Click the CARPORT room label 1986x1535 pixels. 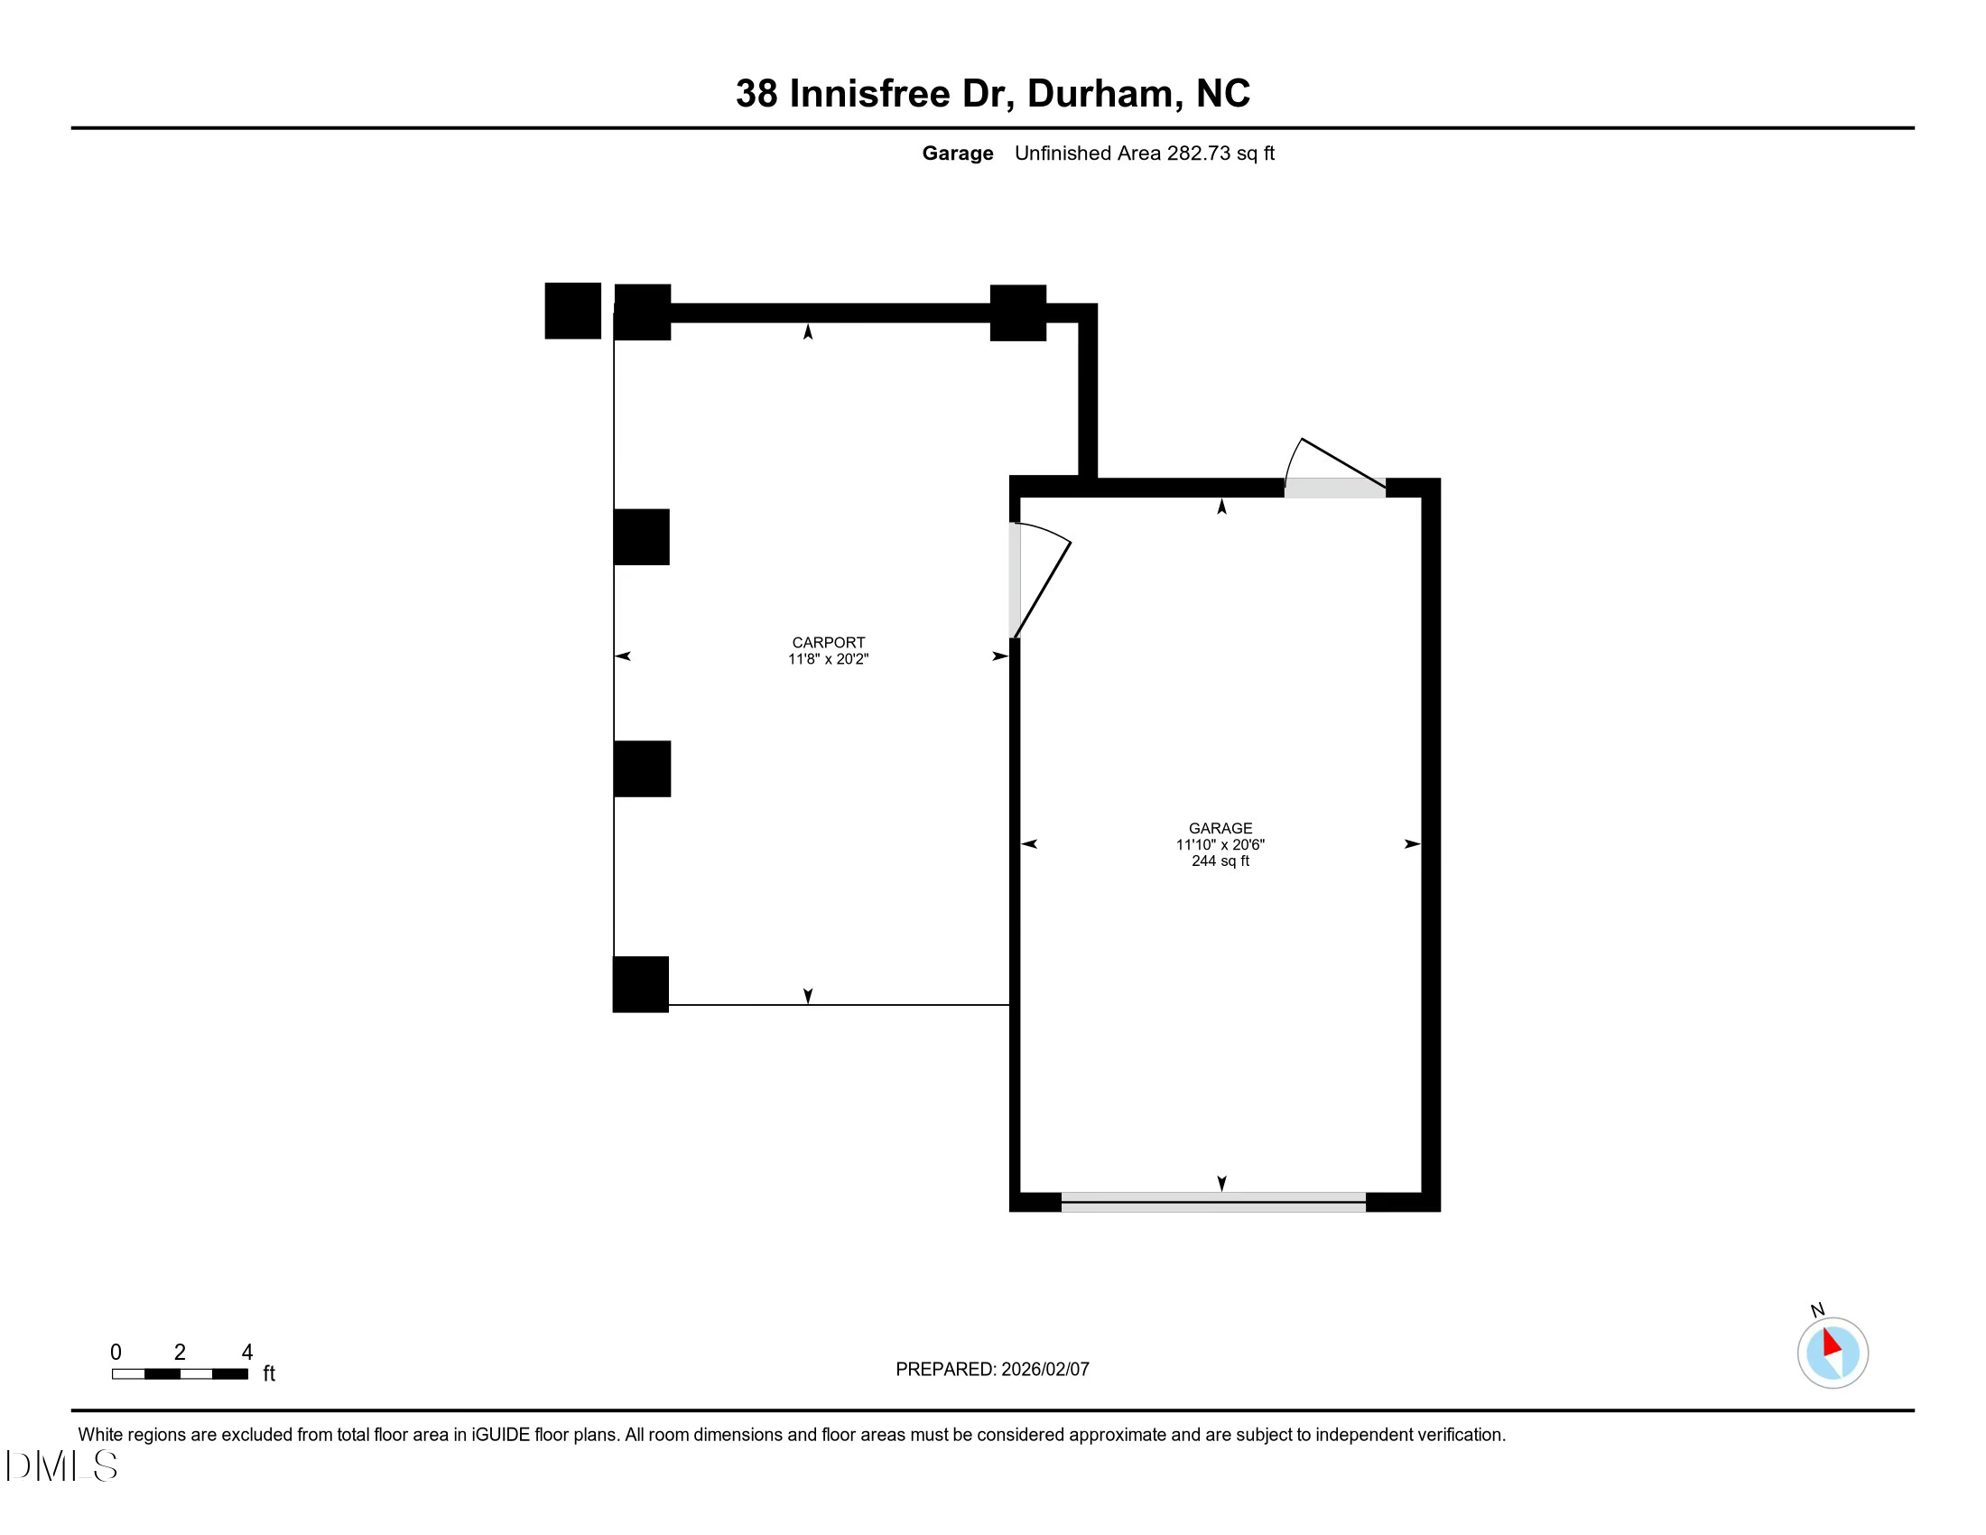tap(828, 642)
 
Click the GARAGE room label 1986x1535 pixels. tap(1220, 827)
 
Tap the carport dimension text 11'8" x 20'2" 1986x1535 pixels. tap(828, 659)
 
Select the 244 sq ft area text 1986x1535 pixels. tap(1220, 861)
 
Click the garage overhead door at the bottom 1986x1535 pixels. tap(1212, 1201)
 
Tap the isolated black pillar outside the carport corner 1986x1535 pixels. tap(572, 311)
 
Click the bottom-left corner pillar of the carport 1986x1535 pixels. tap(640, 984)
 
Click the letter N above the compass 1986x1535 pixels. tap(1817, 1309)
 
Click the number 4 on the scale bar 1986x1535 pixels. tap(246, 1352)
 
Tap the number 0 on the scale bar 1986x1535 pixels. tap(116, 1352)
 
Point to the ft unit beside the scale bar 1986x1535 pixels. tap(269, 1373)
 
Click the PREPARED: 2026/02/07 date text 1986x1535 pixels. tap(991, 1369)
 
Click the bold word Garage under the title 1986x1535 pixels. tap(957, 153)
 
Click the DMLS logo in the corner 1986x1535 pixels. tap(60, 1465)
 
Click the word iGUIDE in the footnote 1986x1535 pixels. tap(500, 1434)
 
